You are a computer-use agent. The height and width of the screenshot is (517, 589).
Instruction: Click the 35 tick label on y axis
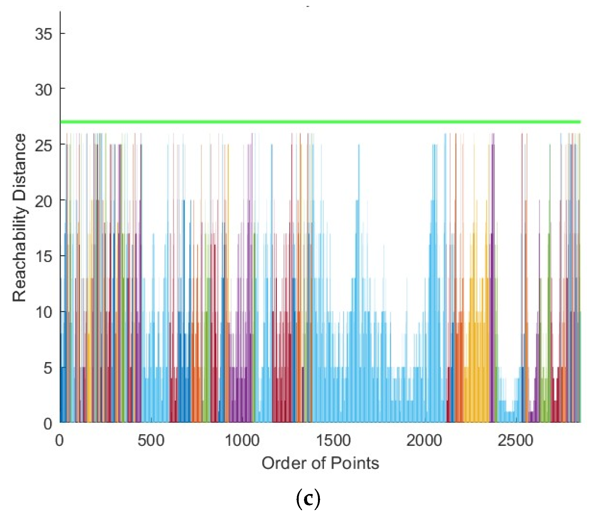tap(44, 34)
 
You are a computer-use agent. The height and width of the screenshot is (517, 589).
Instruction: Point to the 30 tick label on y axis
tap(44, 89)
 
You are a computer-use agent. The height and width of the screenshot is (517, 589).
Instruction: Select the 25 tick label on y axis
tap(44, 145)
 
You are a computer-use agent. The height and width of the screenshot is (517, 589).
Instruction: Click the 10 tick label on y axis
tap(44, 312)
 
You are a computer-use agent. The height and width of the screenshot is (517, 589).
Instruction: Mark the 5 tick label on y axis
tap(47, 368)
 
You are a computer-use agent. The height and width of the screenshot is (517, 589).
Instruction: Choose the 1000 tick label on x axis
tap(242, 441)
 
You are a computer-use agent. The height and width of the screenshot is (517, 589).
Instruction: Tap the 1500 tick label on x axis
tap(333, 441)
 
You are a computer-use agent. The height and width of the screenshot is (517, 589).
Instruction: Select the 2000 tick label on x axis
tap(424, 441)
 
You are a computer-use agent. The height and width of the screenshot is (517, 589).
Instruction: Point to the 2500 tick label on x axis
tap(515, 441)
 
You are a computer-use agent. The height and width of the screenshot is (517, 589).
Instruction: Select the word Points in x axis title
tap(355, 463)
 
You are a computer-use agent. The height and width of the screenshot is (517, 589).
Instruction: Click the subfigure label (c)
tap(308, 499)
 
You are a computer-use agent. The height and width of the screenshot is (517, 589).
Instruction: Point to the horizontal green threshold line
tap(320, 122)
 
